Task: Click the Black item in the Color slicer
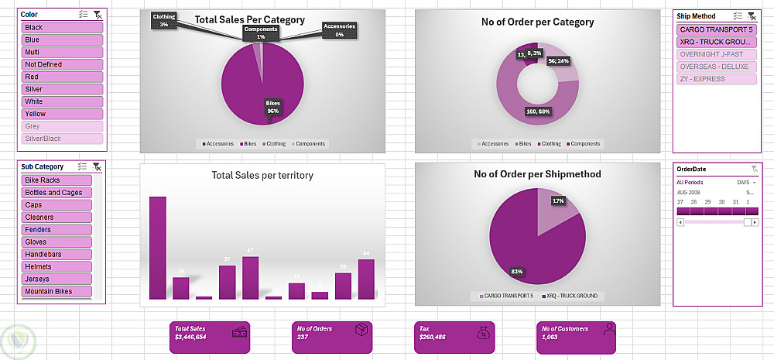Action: click(x=63, y=27)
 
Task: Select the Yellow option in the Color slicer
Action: click(x=63, y=114)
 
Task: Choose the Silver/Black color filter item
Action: click(x=63, y=139)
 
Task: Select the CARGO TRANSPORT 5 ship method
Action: click(x=716, y=29)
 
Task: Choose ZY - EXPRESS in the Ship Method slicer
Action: click(x=716, y=79)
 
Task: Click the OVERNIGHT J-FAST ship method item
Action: click(x=716, y=54)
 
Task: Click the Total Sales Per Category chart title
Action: click(x=249, y=20)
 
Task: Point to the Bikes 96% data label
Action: click(x=272, y=107)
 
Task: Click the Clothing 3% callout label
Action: click(x=164, y=20)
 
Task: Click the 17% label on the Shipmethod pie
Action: click(x=558, y=201)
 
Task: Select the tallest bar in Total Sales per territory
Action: click(x=158, y=248)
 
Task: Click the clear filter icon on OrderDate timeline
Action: click(x=754, y=168)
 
